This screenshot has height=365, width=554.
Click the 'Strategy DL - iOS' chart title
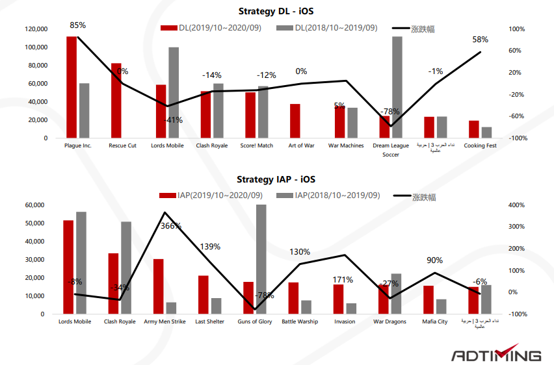click(276, 11)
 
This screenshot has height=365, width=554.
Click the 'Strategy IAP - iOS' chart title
click(276, 179)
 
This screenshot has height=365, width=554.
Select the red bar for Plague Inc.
click(72, 87)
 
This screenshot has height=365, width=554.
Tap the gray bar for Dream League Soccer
click(397, 87)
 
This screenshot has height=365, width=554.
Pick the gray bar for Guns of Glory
click(261, 259)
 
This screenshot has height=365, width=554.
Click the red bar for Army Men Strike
click(158, 286)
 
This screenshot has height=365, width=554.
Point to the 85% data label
click(78, 25)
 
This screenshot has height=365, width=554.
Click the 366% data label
click(171, 226)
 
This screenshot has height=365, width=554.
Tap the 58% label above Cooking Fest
click(480, 40)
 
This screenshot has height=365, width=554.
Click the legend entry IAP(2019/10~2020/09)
click(214, 195)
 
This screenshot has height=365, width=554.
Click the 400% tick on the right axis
click(516, 205)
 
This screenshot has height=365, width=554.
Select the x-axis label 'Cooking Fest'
click(480, 145)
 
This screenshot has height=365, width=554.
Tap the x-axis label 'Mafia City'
click(434, 321)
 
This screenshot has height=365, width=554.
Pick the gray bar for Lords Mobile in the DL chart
click(174, 92)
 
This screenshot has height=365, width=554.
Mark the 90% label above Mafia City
click(434, 260)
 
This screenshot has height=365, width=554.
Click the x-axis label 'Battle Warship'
click(300, 321)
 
